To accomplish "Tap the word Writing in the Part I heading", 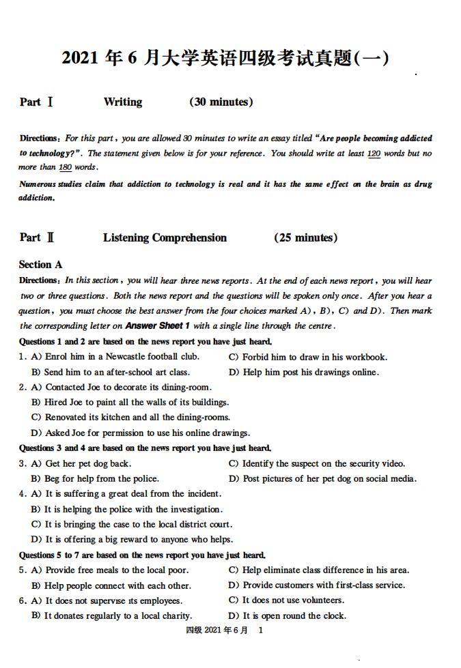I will (123, 102).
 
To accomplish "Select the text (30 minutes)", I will (221, 102).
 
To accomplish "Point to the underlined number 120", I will (374, 154).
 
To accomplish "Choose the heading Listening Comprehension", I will (165, 238).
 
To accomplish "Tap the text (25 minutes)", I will (305, 238).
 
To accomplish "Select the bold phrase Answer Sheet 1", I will (158, 326).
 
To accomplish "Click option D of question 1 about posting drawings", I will (303, 372).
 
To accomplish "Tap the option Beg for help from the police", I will (96, 478).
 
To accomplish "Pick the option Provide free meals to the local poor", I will (109, 570).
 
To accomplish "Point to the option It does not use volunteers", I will (287, 600).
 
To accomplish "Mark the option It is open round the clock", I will (288, 615).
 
